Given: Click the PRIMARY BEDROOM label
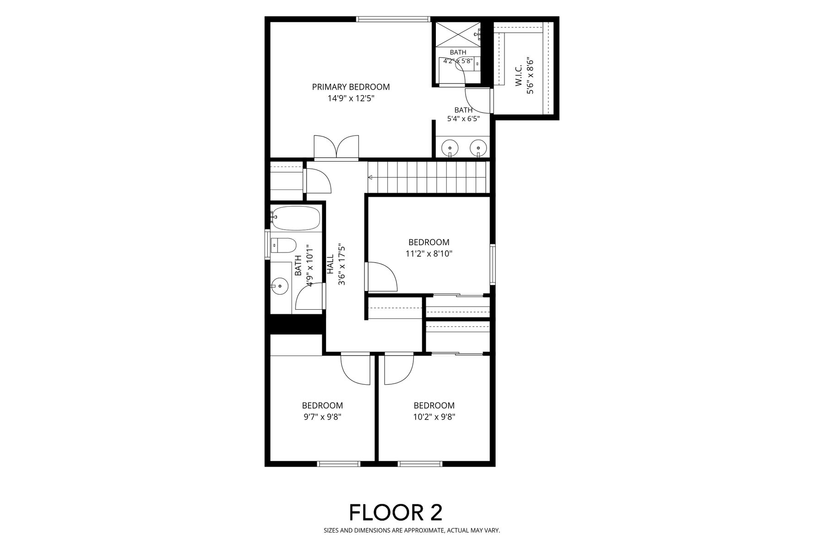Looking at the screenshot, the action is coord(351,87).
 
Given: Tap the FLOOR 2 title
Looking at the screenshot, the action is coord(396,512).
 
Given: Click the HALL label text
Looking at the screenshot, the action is coord(331,264).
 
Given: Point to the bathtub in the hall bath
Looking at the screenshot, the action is coord(296,218).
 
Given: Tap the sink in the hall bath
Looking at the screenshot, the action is coord(279,287).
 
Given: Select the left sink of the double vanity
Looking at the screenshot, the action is coord(450,148).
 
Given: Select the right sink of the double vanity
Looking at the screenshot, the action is coord(478,148).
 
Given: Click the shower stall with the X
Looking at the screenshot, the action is coord(457,33).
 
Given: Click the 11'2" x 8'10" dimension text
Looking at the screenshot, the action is coord(429,253).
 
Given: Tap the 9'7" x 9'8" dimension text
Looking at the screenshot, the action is coord(322,417).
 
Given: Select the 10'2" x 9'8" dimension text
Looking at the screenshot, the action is coord(434,417).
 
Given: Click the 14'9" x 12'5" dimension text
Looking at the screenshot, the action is coord(351,98).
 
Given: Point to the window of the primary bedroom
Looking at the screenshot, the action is coord(393,19).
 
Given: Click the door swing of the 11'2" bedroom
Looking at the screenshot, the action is coord(381,276).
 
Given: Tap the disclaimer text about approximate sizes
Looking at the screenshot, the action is coord(412,531).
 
